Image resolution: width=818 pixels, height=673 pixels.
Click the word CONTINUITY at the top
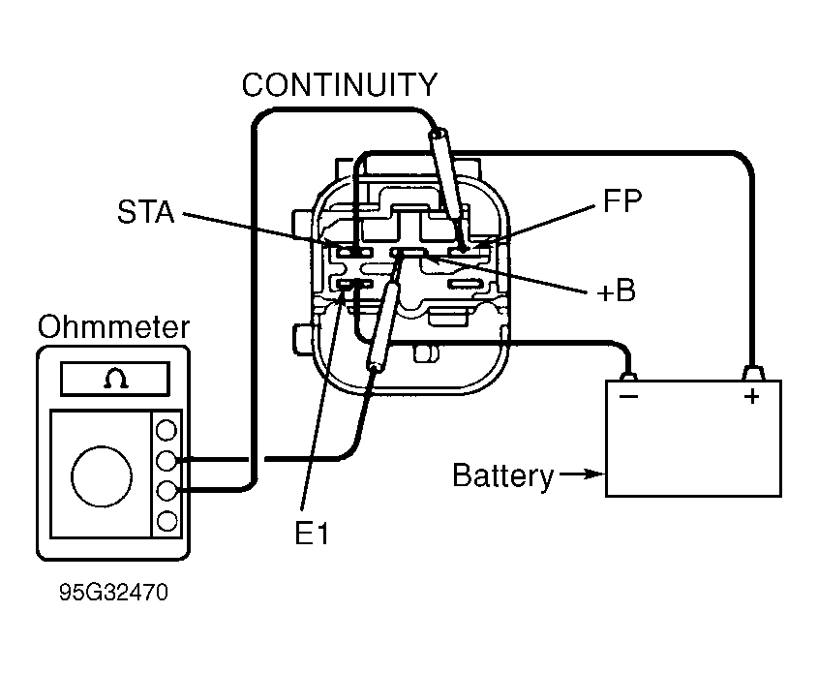tap(340, 84)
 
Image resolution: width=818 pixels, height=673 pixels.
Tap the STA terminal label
tap(145, 212)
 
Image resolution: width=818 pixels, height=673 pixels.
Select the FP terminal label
tap(621, 200)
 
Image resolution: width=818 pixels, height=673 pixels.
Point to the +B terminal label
tap(616, 291)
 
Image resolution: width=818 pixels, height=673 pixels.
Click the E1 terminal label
tap(312, 534)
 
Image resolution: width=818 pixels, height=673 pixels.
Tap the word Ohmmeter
tap(113, 327)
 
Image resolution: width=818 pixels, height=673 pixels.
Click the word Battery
tap(503, 475)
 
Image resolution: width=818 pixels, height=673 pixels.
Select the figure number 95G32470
tap(113, 592)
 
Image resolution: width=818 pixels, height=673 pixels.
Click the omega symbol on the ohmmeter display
tap(116, 379)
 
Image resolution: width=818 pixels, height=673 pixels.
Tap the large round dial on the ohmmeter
tap(102, 476)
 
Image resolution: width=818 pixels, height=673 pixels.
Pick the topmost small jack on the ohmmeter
tap(167, 430)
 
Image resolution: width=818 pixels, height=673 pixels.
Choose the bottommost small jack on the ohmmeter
tap(167, 521)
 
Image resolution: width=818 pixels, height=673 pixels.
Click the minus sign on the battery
tap(628, 396)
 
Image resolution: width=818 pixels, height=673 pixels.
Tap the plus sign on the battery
tap(752, 396)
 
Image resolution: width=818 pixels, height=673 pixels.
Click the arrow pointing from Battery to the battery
tap(583, 474)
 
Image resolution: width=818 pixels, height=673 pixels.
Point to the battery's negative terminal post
tap(628, 376)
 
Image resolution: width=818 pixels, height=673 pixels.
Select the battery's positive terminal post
tap(753, 373)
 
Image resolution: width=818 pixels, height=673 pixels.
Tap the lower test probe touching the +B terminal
tap(384, 325)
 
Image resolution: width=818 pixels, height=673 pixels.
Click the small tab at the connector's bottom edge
tap(426, 353)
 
